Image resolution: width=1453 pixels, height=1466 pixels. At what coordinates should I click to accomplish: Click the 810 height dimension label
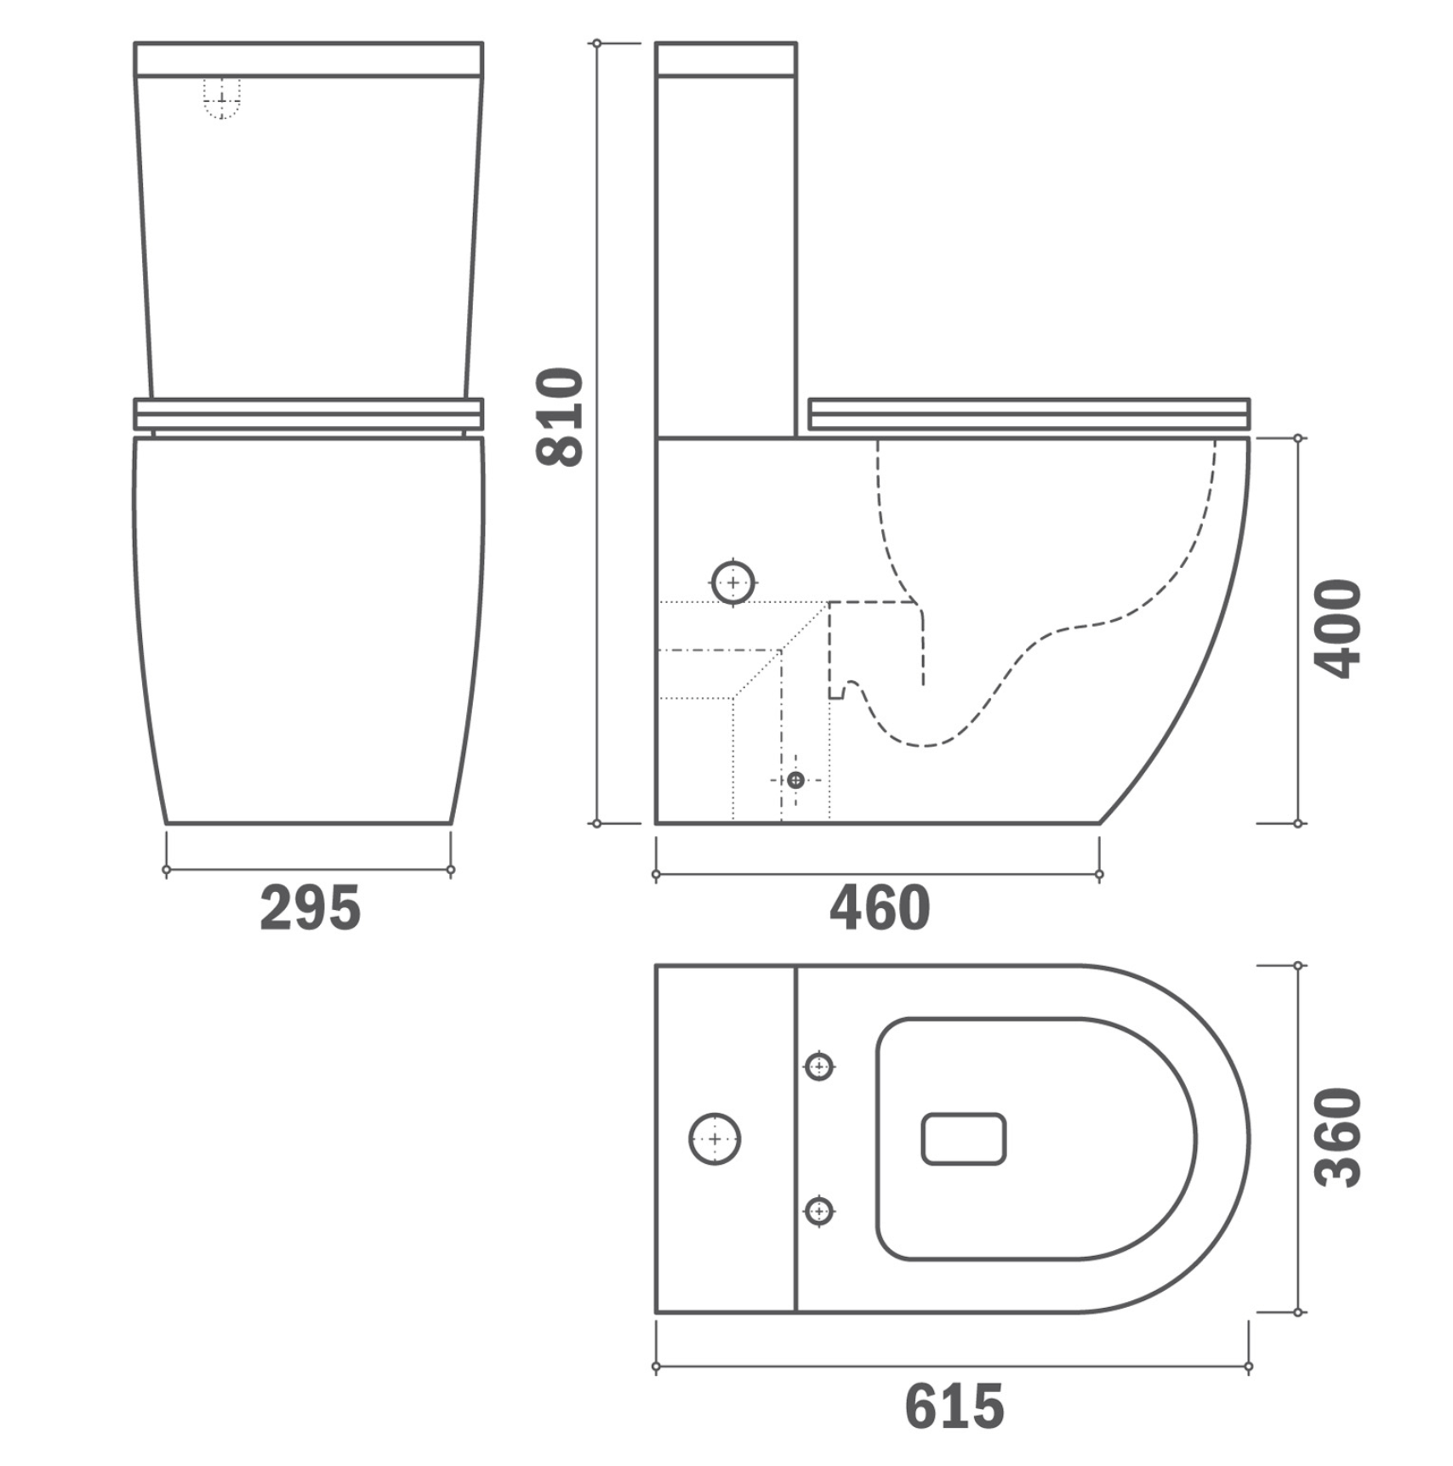(560, 418)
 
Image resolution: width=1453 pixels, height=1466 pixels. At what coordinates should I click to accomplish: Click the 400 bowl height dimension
(1337, 628)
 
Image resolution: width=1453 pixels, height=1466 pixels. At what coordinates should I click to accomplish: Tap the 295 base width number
(311, 908)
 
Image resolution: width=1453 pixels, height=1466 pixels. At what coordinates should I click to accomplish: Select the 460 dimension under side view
(880, 908)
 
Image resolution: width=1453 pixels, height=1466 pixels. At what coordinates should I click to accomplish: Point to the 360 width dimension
(1337, 1137)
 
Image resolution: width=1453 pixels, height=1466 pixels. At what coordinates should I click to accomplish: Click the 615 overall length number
(954, 1406)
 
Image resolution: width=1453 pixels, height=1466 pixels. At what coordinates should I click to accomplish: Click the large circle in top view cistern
(715, 1139)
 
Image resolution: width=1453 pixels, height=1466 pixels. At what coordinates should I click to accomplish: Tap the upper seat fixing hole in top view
(818, 1065)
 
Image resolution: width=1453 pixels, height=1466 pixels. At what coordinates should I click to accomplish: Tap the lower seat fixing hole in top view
(818, 1210)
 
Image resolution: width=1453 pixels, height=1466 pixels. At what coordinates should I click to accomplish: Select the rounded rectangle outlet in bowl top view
(963, 1139)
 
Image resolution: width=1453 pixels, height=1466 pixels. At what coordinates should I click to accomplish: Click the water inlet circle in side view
(732, 583)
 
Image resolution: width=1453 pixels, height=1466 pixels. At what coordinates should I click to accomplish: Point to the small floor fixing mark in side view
(795, 780)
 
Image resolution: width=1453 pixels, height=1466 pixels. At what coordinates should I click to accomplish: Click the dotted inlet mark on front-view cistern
(222, 99)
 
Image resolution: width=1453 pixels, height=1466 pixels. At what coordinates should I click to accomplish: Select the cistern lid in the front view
(309, 59)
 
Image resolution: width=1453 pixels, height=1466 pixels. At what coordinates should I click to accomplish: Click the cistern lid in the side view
(726, 59)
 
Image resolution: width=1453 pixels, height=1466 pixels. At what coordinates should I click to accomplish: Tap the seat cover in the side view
(1028, 413)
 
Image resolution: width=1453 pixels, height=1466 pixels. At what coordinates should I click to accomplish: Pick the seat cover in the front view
(309, 413)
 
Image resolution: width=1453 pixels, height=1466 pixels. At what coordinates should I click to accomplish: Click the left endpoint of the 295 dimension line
(167, 870)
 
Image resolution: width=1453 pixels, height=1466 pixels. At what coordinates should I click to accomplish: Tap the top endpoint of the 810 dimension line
(597, 43)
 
